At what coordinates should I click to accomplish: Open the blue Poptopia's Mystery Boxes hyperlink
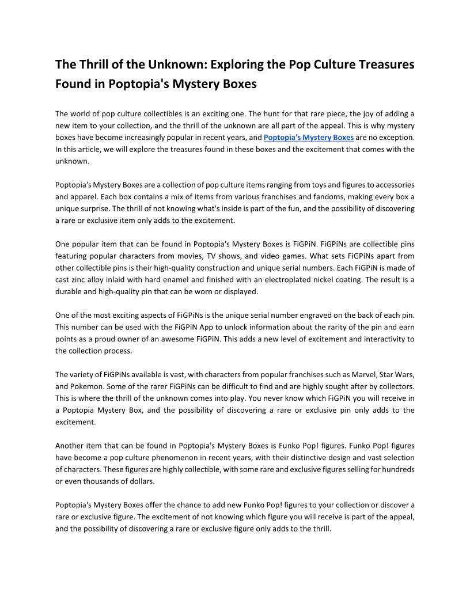308,138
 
